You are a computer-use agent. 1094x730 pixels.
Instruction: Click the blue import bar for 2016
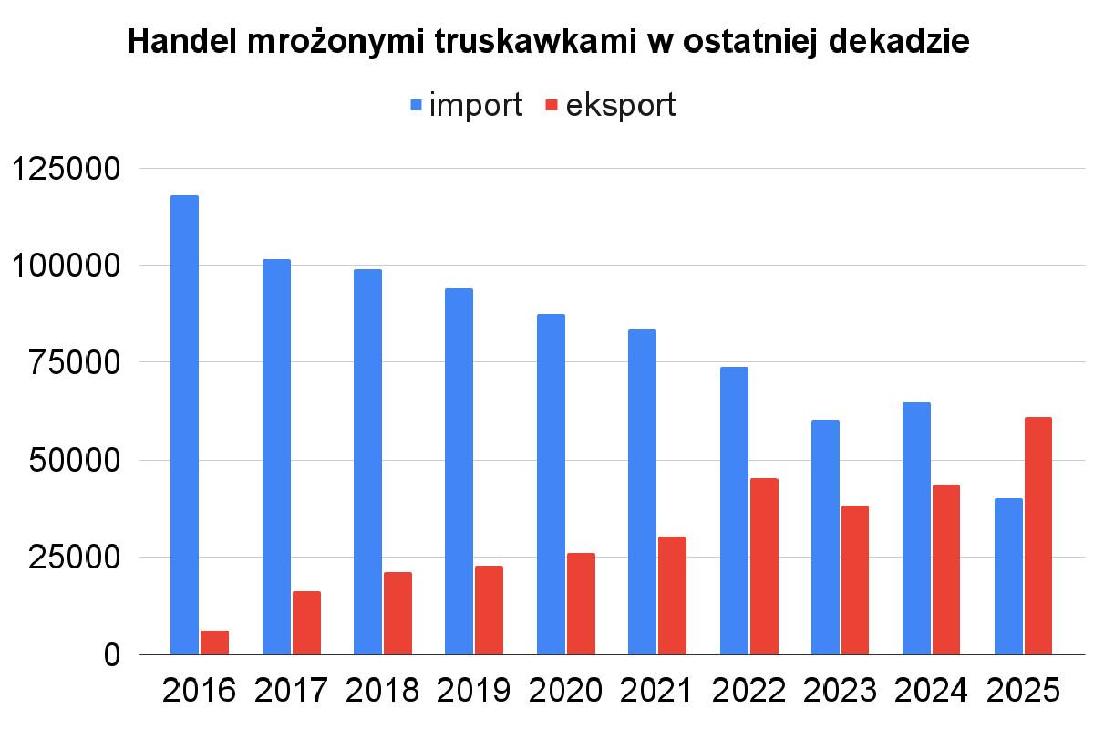184,424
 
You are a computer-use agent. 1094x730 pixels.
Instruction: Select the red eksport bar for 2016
214,642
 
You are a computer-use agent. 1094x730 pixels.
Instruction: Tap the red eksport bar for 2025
1037,536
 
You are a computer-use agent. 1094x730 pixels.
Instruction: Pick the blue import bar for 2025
1007,576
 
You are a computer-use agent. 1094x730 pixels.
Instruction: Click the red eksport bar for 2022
763,566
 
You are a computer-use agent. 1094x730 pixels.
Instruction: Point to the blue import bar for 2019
459,471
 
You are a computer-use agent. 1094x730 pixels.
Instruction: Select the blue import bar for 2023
825,537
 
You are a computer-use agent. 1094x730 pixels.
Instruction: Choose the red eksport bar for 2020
581,603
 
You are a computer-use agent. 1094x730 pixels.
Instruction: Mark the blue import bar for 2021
642,492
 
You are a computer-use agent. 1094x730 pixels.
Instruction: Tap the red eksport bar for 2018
397,613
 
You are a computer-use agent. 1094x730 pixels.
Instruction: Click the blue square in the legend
417,105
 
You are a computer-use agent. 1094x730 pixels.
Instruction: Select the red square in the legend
551,105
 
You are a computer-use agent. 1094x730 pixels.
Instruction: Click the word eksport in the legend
621,105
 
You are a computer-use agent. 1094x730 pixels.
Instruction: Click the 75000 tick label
75,363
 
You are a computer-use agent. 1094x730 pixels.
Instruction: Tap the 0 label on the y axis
111,654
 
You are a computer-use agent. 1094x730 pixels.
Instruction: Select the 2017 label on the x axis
290,691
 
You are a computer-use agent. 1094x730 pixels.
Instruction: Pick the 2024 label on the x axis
931,691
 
